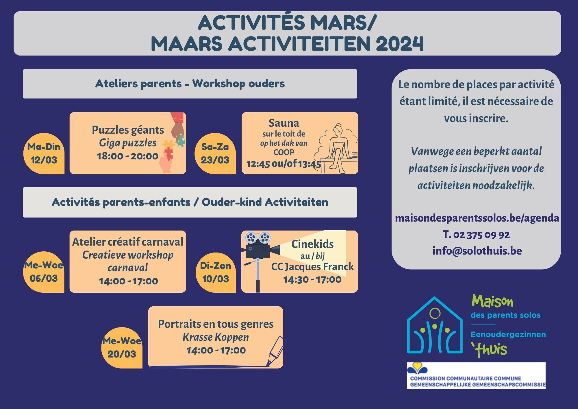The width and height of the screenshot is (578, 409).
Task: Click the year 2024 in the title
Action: (400, 43)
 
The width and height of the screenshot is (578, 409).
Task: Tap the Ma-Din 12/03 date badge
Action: (44, 154)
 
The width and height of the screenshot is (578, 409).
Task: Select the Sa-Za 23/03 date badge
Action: (215, 154)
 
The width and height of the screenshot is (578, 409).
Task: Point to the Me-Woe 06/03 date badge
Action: (44, 272)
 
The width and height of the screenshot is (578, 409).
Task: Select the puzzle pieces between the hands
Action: (172, 146)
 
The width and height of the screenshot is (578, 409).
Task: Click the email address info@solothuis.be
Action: (477, 251)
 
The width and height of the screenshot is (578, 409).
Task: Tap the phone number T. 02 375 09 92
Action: (476, 235)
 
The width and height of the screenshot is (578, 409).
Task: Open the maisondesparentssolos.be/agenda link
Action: (477, 218)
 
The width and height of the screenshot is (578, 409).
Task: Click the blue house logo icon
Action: (435, 325)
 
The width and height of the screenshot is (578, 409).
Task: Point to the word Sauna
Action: (284, 123)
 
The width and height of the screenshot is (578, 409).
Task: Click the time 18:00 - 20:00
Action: (127, 156)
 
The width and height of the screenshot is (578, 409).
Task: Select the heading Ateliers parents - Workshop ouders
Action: (190, 84)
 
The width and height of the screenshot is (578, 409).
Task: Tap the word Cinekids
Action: (312, 244)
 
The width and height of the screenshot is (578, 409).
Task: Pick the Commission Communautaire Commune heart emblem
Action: (417, 368)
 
